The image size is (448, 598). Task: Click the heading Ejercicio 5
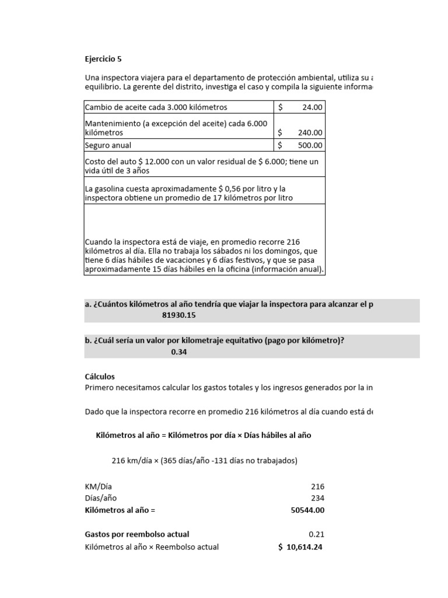104,59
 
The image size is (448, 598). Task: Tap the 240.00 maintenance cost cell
310,133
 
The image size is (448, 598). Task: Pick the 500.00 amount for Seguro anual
310,145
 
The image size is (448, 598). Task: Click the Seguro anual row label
108,145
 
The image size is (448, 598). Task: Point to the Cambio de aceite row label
156,107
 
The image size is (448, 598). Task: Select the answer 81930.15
183,315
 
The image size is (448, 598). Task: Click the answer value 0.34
179,352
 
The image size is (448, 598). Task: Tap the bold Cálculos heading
100,377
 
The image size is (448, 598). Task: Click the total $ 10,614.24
300,547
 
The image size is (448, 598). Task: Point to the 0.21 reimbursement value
316,534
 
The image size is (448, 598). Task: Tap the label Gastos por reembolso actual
137,534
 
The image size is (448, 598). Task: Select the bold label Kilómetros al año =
120,510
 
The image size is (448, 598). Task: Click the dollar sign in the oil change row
281,107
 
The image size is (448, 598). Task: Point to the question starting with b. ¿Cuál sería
214,341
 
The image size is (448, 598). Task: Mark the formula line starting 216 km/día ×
204,460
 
